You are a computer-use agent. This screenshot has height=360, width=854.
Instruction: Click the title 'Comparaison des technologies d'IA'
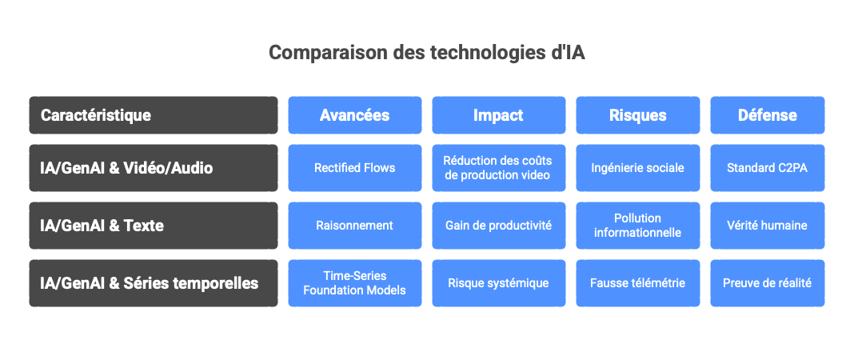pos(427,53)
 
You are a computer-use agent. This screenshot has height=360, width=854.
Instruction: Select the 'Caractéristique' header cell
pos(154,115)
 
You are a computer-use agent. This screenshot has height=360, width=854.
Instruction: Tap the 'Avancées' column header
pos(354,115)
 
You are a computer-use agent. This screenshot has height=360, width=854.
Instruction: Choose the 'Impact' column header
pos(498,115)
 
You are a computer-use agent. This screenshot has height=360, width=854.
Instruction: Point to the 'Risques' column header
pos(637,115)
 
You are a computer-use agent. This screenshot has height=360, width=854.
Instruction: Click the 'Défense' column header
pos(767,115)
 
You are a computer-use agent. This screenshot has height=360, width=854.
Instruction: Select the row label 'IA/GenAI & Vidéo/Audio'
pos(154,168)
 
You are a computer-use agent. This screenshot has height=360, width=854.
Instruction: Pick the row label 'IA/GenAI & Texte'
pos(154,226)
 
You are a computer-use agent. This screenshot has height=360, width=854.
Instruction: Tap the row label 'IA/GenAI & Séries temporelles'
pos(154,283)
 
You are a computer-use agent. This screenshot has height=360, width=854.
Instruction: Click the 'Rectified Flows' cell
pos(354,168)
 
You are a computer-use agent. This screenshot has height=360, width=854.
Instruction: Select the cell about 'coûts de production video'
pos(498,168)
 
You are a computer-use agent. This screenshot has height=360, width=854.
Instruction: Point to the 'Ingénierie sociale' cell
pos(637,168)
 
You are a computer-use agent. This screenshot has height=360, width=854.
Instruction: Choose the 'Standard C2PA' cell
pos(767,168)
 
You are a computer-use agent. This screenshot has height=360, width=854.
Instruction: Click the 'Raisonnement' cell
pos(354,226)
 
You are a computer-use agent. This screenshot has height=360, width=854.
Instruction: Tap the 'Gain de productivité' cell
pos(498,226)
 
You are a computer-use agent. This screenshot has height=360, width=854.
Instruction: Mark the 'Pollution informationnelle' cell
pos(637,226)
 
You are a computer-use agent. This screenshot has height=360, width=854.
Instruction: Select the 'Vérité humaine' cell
pos(767,226)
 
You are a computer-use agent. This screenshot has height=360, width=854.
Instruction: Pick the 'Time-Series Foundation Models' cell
pos(354,283)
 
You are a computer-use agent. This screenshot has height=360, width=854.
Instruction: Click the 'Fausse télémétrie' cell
pos(637,283)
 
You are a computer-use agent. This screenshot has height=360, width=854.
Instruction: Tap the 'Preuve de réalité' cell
pos(767,283)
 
